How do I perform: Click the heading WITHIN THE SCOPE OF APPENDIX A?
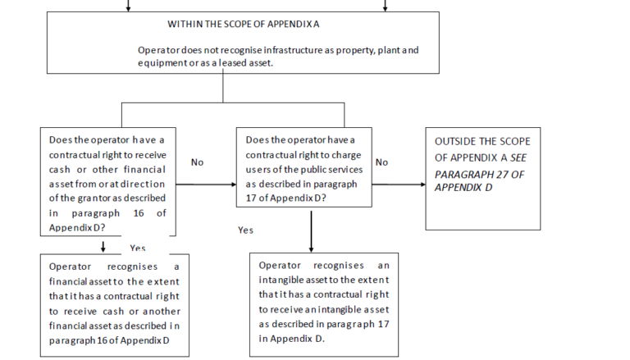coord(244,24)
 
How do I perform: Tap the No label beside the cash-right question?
coord(197,162)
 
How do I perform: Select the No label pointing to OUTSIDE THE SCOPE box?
coord(381,162)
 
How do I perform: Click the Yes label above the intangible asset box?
coord(245,230)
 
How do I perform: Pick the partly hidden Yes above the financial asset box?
coord(138,248)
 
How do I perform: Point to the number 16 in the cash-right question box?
coord(139,213)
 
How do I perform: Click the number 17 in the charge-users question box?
coord(251,198)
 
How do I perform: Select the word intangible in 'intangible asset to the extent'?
coord(277,280)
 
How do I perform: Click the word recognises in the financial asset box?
coord(132,267)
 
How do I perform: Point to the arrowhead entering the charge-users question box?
coord(234,185)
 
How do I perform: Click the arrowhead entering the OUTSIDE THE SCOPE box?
coord(423,185)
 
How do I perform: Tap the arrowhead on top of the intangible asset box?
coord(311,250)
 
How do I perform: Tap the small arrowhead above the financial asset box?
coord(103,249)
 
